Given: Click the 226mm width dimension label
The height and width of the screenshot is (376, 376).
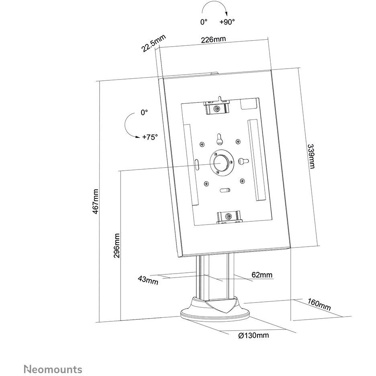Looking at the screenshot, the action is click(213, 39).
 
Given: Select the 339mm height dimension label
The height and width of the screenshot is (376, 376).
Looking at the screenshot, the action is click(311, 156).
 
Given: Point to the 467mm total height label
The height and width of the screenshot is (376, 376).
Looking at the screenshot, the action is click(96, 201).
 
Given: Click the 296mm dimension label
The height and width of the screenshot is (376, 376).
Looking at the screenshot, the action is click(116, 245).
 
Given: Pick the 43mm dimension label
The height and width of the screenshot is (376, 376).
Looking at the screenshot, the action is click(148, 280).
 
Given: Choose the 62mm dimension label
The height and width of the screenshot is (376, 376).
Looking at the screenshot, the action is click(262, 274).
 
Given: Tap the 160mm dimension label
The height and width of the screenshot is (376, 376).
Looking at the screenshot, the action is click(319, 304).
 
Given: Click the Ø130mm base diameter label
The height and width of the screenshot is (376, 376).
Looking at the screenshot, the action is click(253, 335).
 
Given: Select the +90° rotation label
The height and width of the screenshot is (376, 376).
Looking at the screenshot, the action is click(227, 22).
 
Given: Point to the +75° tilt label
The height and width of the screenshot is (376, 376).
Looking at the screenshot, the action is click(150, 137).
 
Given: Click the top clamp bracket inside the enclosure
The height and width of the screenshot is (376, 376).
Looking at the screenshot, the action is click(216, 107).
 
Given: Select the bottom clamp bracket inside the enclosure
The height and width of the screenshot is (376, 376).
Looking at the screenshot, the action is click(229, 217).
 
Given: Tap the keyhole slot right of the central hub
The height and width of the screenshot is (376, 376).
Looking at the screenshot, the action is click(243, 160).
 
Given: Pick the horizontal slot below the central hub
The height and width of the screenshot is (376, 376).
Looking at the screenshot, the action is click(225, 190).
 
